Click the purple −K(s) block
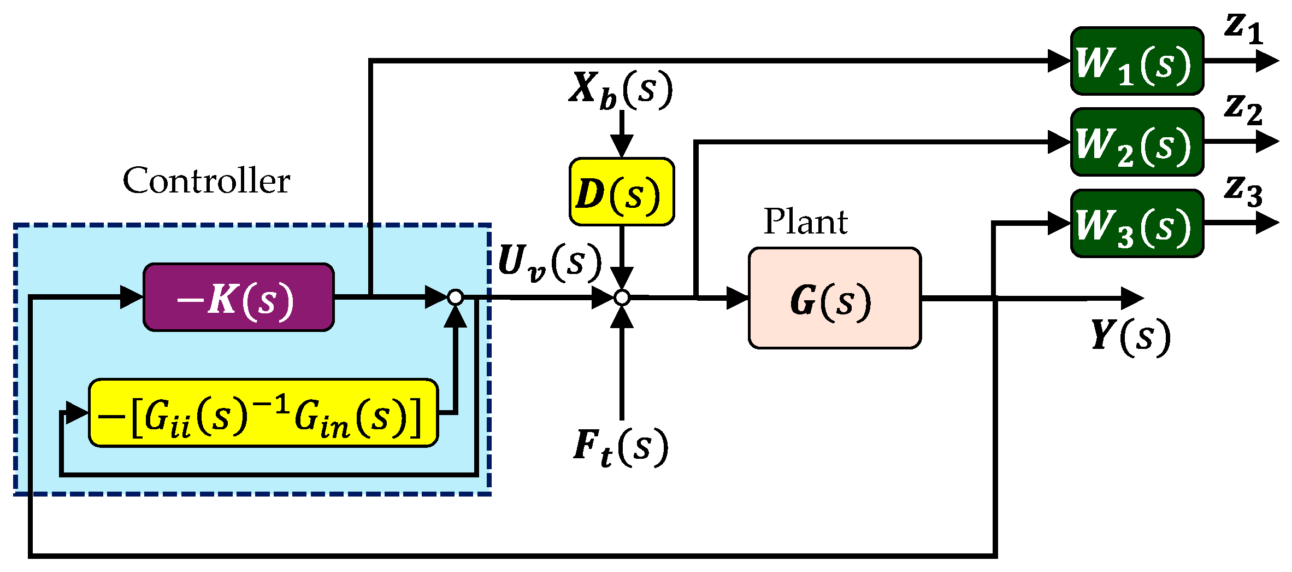click(x=239, y=297)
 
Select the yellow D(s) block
click(x=622, y=192)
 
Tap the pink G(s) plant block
click(x=835, y=298)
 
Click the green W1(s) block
click(x=1137, y=61)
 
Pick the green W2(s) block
click(x=1137, y=142)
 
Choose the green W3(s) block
click(x=1137, y=224)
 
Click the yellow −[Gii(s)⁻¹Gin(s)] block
click(x=263, y=413)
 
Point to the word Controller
click(x=206, y=180)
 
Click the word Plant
click(x=805, y=221)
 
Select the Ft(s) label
click(x=621, y=447)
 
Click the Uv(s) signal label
click(x=550, y=262)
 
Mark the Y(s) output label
click(x=1130, y=336)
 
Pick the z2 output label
click(x=1243, y=109)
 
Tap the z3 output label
click(x=1243, y=191)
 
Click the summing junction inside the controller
click(x=455, y=297)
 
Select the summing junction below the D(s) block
click(x=622, y=297)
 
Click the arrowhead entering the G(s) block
click(x=738, y=298)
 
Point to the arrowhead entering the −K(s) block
click(x=132, y=297)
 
